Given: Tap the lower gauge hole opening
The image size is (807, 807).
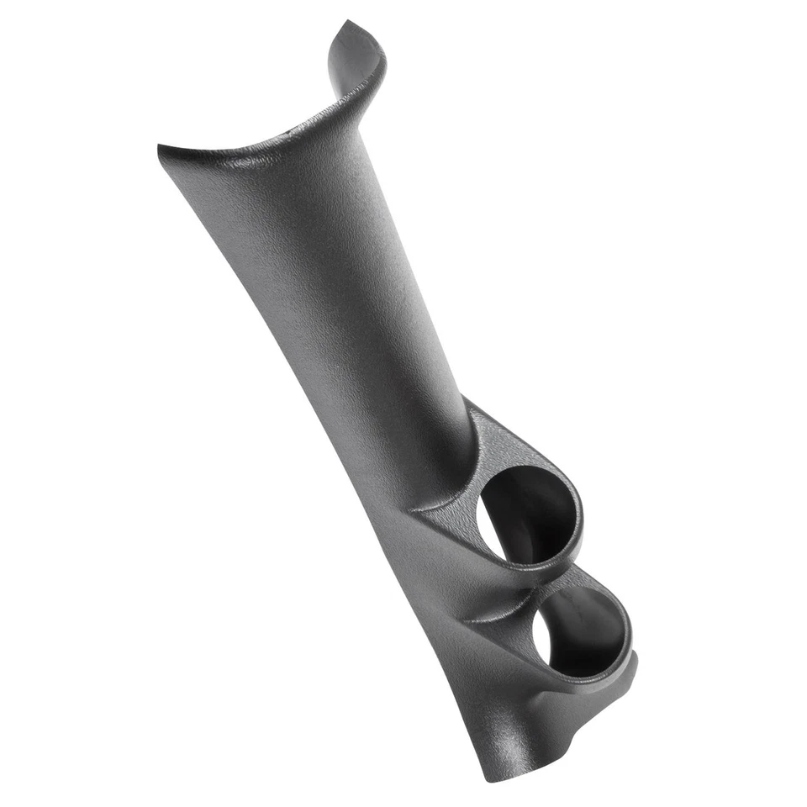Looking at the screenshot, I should [x=580, y=630].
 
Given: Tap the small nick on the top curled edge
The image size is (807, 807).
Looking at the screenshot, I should [x=294, y=130].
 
